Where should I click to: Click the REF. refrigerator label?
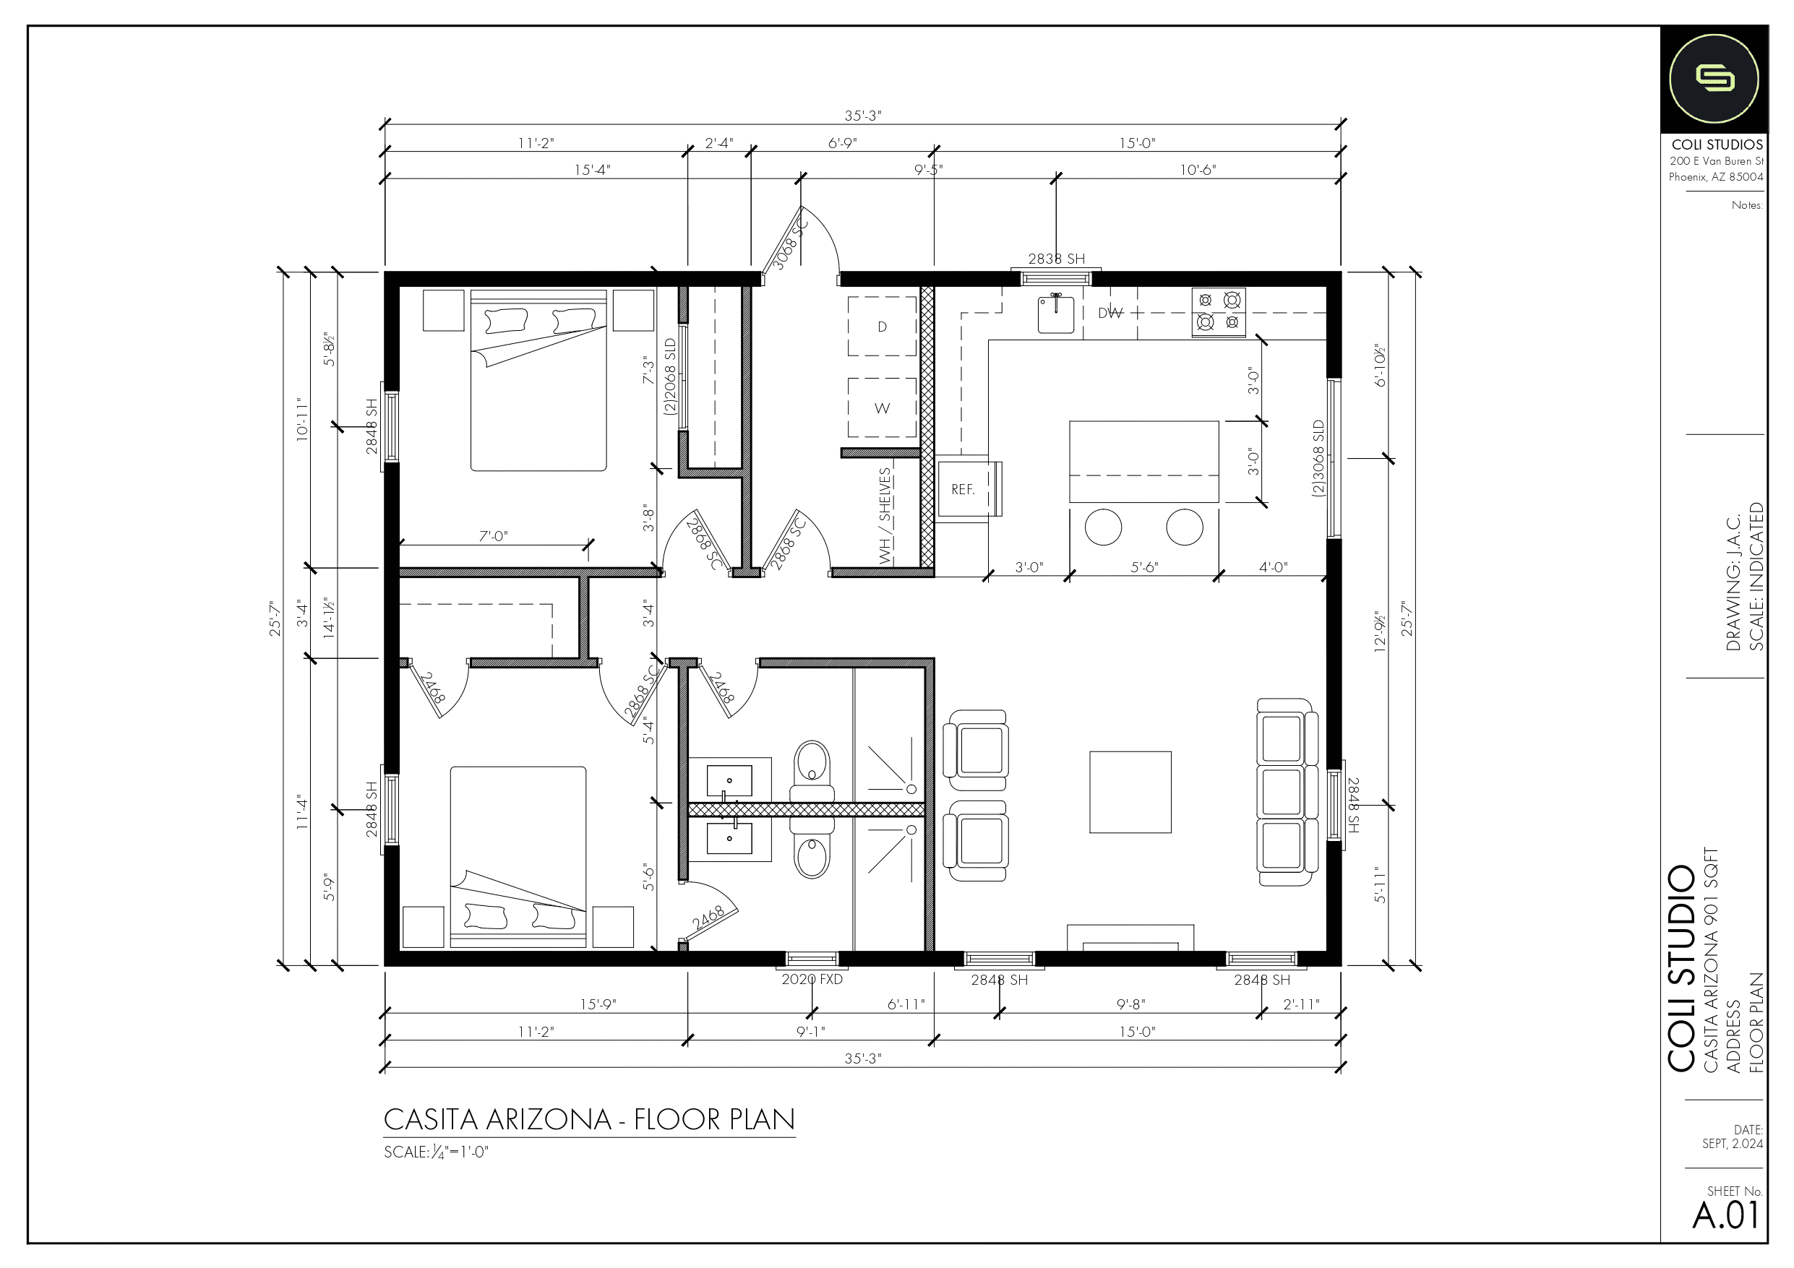coord(963,490)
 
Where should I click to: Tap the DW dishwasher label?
coord(1110,314)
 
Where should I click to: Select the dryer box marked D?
coord(882,327)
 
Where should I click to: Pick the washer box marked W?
coord(882,407)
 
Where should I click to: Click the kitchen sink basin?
coord(1055,314)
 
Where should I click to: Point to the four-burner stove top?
coord(1219,313)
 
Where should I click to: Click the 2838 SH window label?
coord(1057,259)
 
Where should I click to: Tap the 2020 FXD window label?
coord(812,979)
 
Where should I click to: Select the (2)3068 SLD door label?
coord(1319,459)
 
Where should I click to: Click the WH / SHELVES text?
coord(885,516)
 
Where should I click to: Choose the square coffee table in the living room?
coord(1130,792)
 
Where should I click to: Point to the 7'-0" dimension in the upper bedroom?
coord(493,536)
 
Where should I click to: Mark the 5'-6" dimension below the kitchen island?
coord(1145,567)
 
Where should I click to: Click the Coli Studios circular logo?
coord(1714,79)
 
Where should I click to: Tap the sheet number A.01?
coord(1727,1216)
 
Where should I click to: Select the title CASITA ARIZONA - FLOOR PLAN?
coord(589,1120)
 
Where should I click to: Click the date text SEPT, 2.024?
coord(1733,1144)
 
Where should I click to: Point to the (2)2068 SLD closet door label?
coord(669,376)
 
